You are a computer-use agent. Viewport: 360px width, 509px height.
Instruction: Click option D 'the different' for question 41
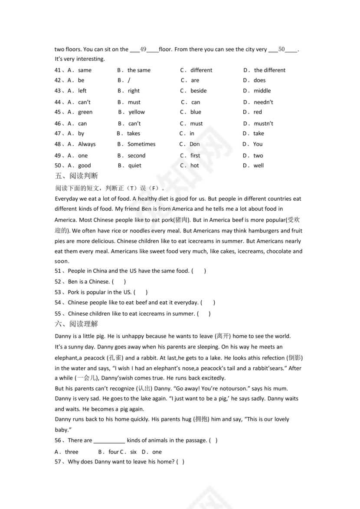point(269,70)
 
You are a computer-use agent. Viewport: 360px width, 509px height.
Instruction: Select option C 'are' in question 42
point(195,80)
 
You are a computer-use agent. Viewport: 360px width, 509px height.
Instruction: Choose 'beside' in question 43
point(198,91)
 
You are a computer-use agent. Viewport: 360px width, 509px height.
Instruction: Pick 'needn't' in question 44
point(263,102)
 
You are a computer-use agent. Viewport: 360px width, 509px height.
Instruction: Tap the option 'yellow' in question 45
point(137,112)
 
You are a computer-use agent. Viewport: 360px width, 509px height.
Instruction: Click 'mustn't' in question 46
point(263,124)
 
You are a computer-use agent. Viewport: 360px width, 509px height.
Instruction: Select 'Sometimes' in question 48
point(141,144)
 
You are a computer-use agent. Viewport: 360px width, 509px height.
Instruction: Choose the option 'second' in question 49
point(137,156)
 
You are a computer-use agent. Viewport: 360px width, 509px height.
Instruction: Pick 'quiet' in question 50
point(135,165)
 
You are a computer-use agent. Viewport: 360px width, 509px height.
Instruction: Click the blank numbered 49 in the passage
point(144,49)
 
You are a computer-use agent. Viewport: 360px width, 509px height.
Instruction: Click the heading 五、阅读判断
point(77,176)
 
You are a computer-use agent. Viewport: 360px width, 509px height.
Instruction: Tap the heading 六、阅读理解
point(77,324)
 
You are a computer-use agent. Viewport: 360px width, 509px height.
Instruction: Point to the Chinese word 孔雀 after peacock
point(115,358)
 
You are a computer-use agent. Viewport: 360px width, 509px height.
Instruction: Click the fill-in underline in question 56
point(109,440)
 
